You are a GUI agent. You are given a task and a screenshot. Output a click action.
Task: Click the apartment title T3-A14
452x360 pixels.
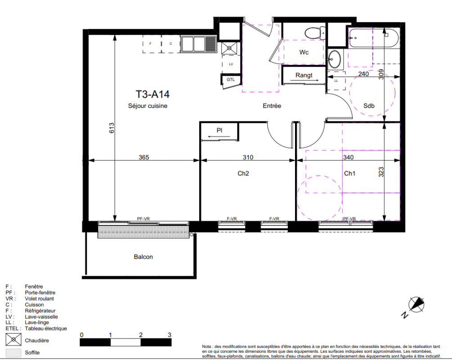tap(152, 94)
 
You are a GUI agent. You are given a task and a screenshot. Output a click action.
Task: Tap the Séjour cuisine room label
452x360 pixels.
tap(148, 106)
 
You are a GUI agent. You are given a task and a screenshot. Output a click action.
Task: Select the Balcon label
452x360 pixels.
tap(143, 257)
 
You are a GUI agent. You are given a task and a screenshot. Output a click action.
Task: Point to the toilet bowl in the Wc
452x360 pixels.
tap(315, 33)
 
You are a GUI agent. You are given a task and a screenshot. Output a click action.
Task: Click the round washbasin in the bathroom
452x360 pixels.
tap(334, 59)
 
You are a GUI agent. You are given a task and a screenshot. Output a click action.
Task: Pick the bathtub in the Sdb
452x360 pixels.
tap(374, 38)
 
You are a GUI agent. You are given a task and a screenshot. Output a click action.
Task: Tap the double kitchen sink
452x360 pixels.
tap(199, 44)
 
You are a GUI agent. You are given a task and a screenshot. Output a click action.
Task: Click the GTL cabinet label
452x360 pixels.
tap(231, 80)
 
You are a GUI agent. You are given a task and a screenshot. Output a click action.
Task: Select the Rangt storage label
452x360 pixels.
tap(304, 75)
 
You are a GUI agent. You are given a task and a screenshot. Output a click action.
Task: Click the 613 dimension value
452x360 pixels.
tap(112, 128)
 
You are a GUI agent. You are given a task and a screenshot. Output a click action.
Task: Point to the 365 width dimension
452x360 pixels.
tap(144, 157)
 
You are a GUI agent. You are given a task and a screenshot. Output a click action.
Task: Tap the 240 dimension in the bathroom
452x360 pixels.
tap(363, 74)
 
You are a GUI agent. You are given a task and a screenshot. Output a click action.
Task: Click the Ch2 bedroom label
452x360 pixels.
tap(243, 173)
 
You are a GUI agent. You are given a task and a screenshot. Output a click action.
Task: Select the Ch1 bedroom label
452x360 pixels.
tap(349, 173)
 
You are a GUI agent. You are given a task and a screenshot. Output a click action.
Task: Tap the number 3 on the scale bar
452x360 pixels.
tap(170, 335)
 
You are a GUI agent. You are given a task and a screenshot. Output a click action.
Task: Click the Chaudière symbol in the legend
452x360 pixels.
tap(13, 339)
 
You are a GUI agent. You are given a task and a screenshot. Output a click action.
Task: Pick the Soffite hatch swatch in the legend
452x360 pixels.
tap(13, 353)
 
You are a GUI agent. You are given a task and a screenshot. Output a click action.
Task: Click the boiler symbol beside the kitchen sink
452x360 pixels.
tap(229, 48)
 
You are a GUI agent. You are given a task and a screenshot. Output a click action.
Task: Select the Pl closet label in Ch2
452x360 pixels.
tap(219, 130)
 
